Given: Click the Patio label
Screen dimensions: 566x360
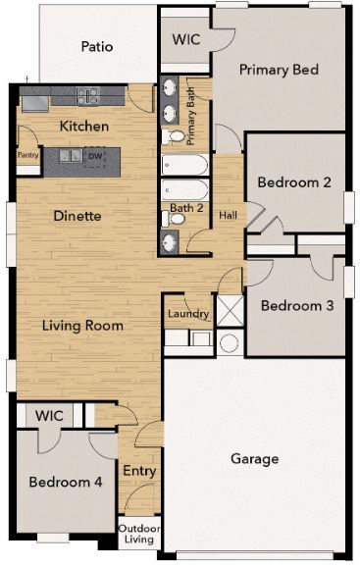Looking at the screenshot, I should (x=96, y=46).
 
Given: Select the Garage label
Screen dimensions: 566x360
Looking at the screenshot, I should (x=254, y=458).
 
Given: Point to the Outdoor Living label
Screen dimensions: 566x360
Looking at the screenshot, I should (x=138, y=533).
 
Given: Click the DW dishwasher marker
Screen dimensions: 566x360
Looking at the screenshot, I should (x=95, y=156).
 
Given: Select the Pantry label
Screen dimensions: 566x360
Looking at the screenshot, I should (x=27, y=154).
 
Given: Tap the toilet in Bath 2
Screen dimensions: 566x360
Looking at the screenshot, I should (x=178, y=218).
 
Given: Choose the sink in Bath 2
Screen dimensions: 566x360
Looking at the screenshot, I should (x=171, y=240).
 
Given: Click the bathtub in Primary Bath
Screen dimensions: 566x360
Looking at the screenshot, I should (x=185, y=163).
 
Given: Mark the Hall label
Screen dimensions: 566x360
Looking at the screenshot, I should (x=228, y=216).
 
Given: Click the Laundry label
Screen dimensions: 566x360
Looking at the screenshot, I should (x=187, y=314).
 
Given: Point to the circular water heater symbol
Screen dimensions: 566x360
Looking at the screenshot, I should (x=229, y=343).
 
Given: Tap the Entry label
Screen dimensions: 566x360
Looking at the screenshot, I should (x=138, y=472).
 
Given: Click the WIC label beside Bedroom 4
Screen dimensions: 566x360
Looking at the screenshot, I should (x=49, y=416).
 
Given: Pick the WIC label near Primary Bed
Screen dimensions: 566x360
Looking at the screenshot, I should (x=185, y=41).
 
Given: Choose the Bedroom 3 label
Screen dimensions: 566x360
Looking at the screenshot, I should (x=296, y=305).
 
